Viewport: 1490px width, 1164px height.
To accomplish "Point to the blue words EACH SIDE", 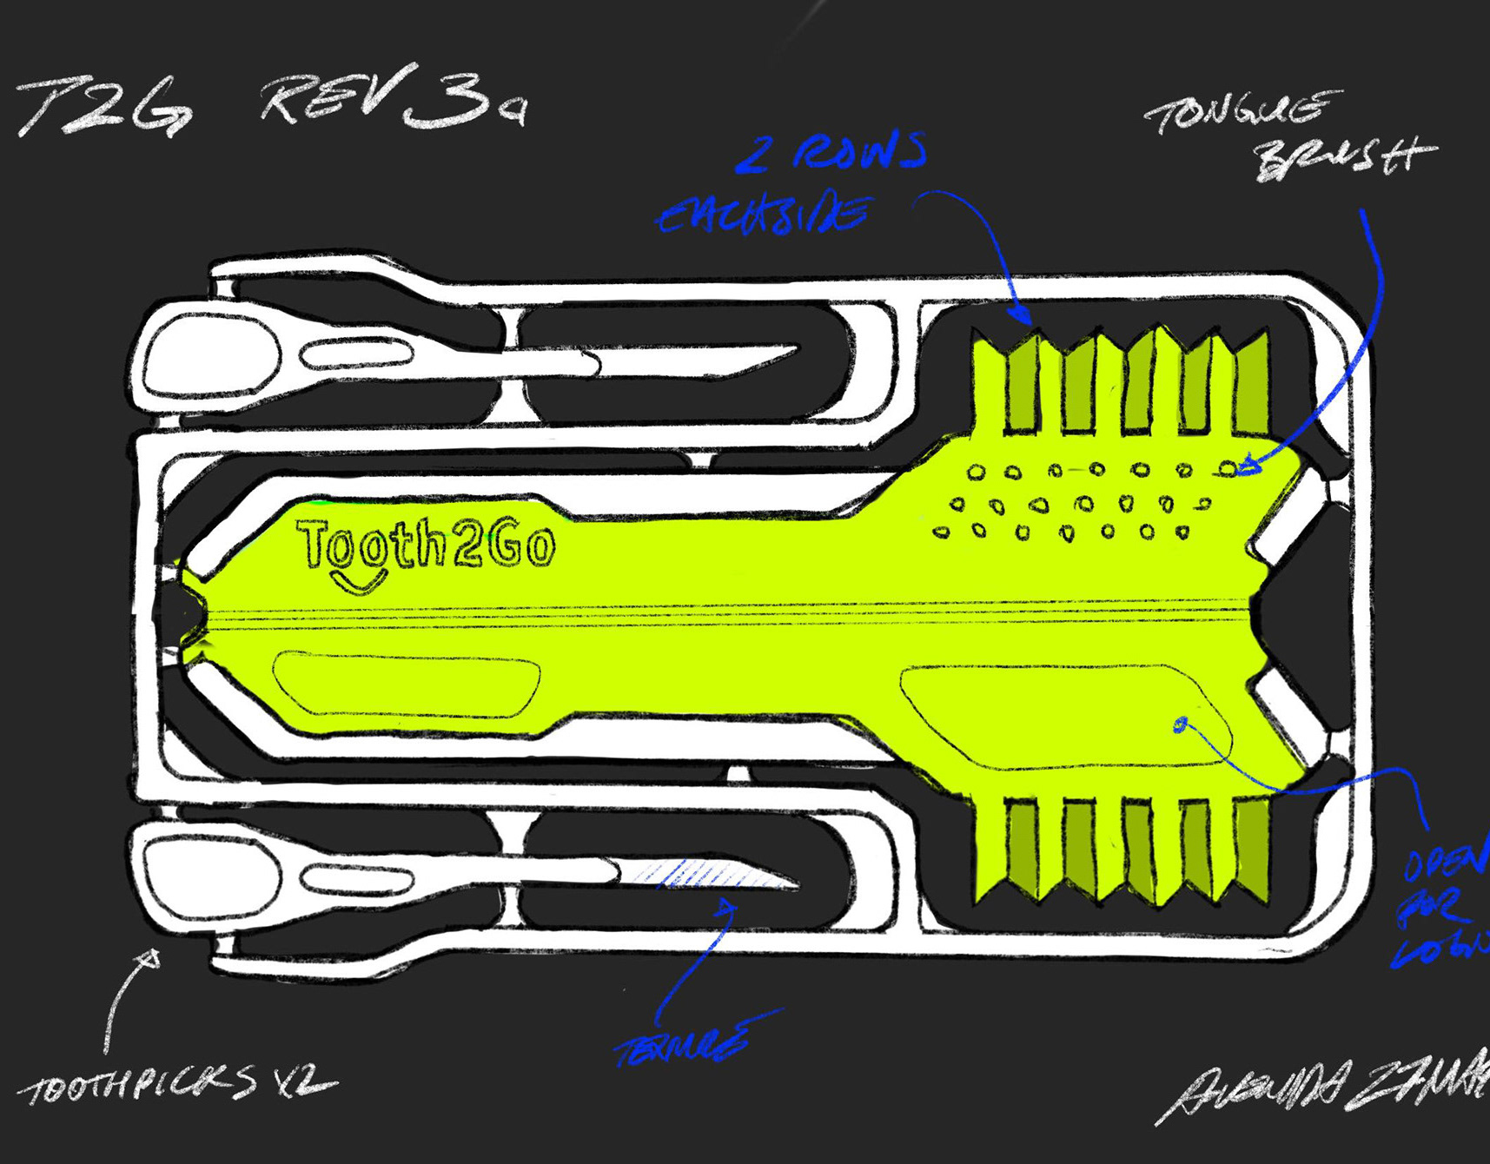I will (763, 214).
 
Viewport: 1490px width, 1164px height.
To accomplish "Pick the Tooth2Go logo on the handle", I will (426, 546).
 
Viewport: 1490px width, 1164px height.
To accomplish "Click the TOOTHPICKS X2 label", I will (178, 1086).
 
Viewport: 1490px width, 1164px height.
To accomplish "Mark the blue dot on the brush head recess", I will (1181, 724).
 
